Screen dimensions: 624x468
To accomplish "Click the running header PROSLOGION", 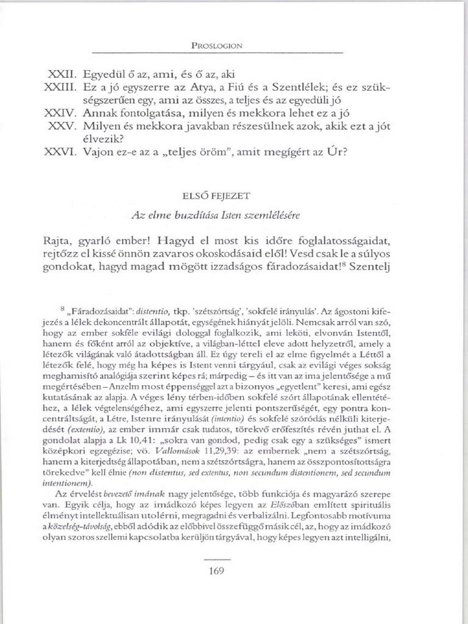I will click(x=216, y=46).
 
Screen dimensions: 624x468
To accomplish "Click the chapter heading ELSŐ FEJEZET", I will click(x=216, y=197).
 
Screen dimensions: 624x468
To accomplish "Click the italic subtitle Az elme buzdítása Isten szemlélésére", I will click(x=216, y=216).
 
